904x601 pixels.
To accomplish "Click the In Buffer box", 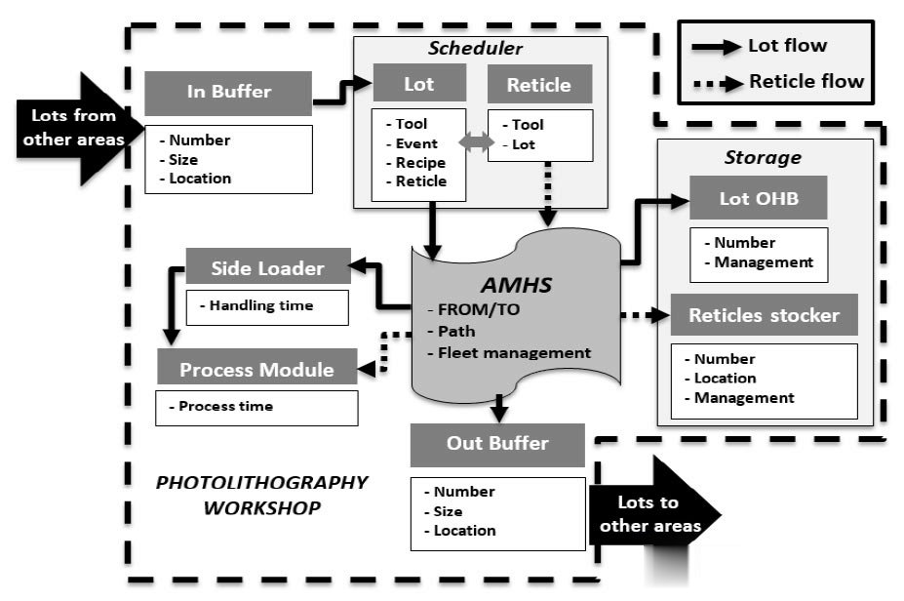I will (228, 93).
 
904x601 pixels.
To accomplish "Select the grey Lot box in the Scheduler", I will (418, 85).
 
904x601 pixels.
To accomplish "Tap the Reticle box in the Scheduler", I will (538, 85).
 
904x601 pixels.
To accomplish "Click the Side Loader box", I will (267, 267).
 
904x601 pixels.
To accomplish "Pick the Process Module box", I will (256, 370).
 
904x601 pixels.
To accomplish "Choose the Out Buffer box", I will (497, 444).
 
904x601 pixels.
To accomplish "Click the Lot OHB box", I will (758, 198).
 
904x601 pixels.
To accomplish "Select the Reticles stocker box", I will (764, 315).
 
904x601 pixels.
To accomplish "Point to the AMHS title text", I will (515, 285).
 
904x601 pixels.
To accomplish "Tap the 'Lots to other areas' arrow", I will (652, 514).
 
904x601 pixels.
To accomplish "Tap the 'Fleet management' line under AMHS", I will (514, 352).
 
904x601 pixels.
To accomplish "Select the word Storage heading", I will (763, 157).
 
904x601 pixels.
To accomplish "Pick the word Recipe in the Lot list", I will (420, 162).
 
